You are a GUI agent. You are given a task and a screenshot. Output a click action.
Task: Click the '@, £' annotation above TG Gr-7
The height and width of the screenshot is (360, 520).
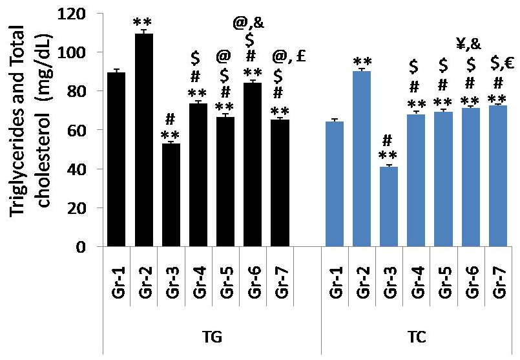288,56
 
